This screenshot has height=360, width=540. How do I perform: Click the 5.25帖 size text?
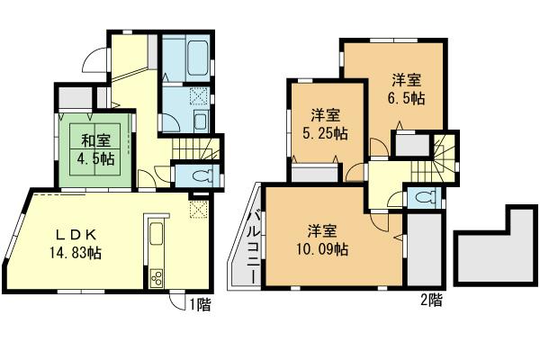(326, 133)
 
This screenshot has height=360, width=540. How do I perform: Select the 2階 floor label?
(430, 301)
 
